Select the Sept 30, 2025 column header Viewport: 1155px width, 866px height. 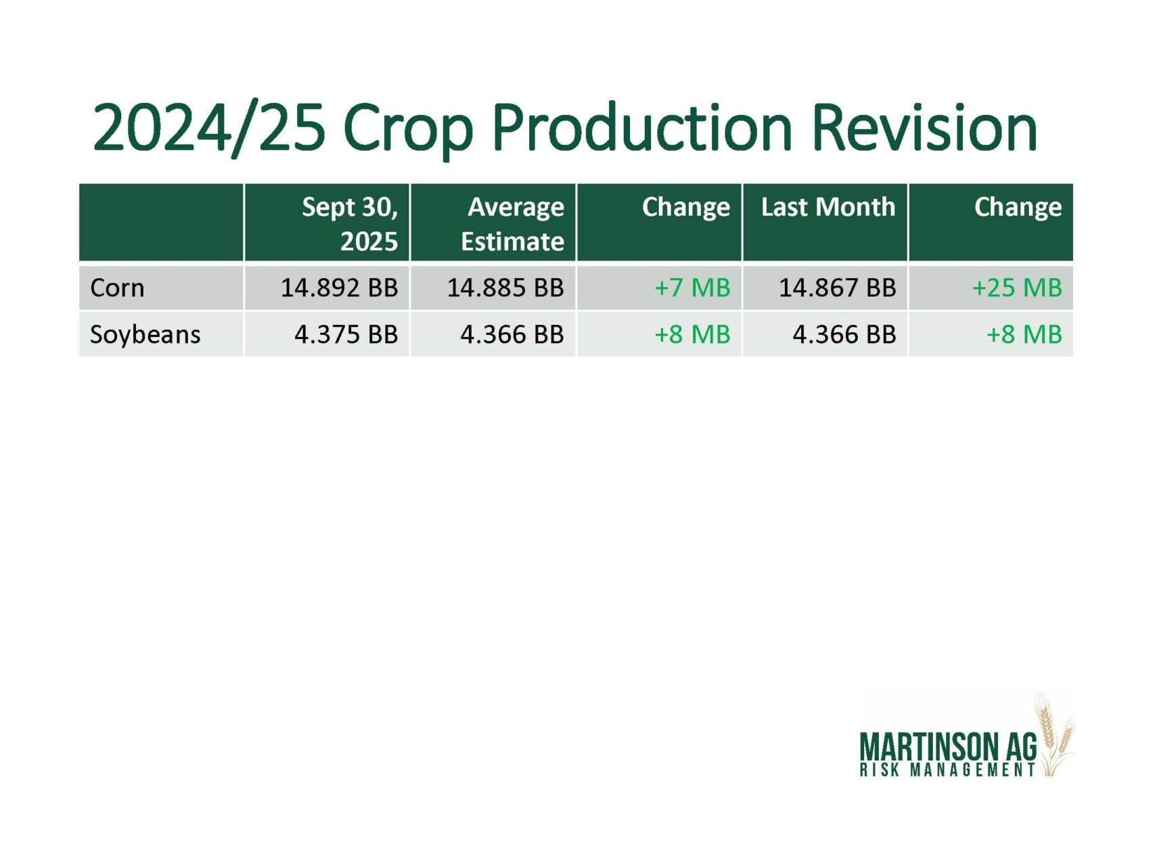tap(350, 223)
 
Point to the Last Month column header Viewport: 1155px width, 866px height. tap(828, 207)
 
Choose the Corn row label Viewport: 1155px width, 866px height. tap(117, 288)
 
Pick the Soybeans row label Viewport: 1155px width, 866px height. tap(145, 335)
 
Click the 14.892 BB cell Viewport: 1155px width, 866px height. tap(340, 288)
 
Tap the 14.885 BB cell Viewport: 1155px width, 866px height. tap(505, 288)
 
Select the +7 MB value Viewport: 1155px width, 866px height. tap(692, 288)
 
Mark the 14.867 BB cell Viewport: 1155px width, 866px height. tap(838, 288)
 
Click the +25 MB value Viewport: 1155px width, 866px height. tap(1017, 288)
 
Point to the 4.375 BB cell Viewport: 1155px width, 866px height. tap(346, 335)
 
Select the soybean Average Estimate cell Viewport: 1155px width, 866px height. tap(512, 335)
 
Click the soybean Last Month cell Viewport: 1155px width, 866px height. tap(844, 335)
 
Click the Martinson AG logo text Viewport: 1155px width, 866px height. tap(948, 748)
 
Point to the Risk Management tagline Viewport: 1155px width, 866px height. tap(948, 770)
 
